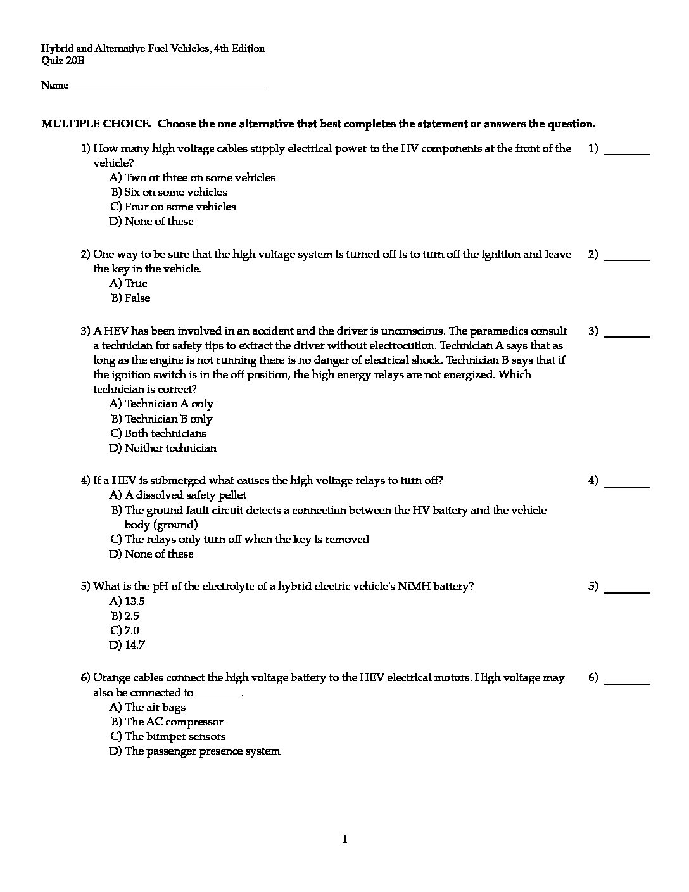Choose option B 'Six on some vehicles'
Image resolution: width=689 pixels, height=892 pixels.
pos(169,192)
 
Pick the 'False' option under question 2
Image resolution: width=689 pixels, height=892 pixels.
pos(131,298)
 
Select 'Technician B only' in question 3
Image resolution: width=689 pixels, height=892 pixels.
pos(162,419)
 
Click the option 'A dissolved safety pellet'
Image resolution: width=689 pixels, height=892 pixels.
pos(178,495)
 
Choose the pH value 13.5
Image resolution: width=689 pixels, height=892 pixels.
pos(127,601)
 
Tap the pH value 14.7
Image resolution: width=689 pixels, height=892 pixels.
pos(127,645)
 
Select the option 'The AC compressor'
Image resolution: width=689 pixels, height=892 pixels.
pos(168,722)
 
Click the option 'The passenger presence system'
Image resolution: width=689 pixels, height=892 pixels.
pos(195,751)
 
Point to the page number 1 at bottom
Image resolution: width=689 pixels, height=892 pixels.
pos(344,839)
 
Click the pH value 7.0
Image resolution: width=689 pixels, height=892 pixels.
pos(125,630)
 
